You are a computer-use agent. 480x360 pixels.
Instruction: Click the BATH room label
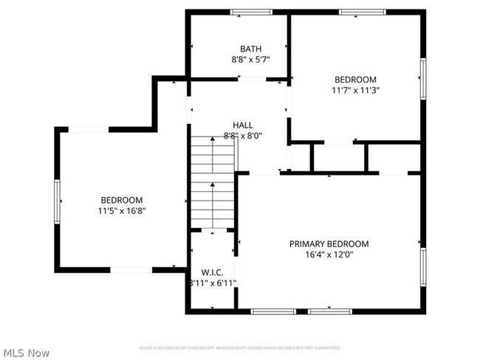239,49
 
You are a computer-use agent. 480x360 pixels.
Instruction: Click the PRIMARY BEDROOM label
329,244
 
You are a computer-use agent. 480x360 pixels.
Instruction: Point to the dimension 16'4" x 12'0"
329,255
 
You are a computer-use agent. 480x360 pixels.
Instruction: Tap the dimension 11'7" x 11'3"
355,91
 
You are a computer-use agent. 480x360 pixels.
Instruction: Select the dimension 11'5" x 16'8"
122,211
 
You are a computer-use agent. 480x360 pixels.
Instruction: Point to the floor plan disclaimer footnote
240,347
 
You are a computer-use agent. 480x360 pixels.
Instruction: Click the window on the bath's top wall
251,12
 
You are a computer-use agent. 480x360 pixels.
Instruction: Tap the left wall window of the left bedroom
57,198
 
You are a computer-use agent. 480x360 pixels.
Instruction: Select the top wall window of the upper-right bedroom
362,12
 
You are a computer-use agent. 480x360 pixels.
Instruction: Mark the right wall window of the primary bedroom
423,266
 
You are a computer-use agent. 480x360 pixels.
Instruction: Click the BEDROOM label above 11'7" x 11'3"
355,80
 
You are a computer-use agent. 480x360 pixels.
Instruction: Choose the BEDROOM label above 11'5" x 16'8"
122,200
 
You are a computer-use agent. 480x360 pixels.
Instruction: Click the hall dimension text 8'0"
253,136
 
